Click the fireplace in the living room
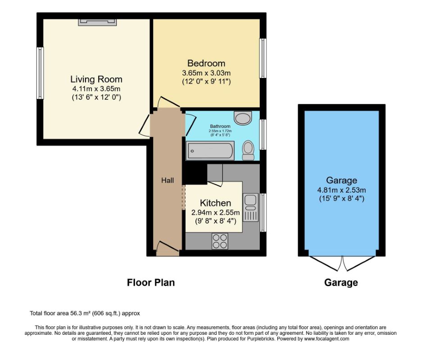[97, 22]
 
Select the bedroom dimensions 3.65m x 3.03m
[206, 72]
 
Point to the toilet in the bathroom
[248, 150]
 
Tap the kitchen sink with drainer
[250, 207]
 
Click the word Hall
[167, 180]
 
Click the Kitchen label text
[215, 203]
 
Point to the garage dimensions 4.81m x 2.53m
[342, 190]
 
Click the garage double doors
[342, 264]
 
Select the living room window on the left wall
[40, 73]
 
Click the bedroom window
[262, 58]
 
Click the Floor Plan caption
[150, 283]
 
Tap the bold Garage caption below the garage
[341, 283]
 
